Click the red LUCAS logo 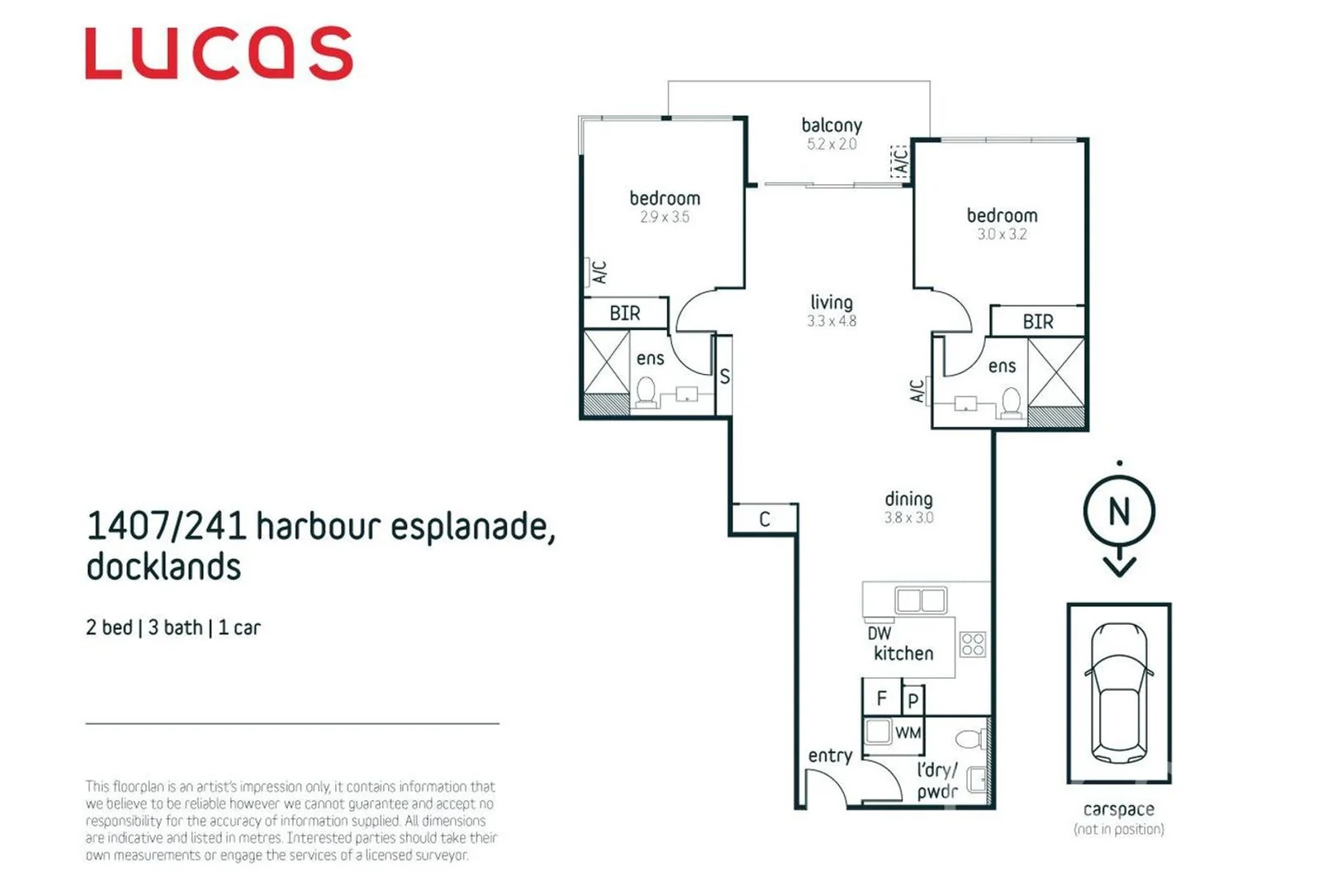(x=219, y=54)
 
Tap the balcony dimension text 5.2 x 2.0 (x=831, y=144)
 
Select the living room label (x=831, y=302)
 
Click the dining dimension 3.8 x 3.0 (x=908, y=517)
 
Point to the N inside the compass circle (x=1119, y=512)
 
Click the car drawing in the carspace (x=1119, y=693)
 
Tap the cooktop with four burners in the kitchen (x=973, y=645)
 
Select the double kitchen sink (x=920, y=601)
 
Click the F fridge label (x=881, y=698)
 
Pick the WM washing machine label (x=907, y=733)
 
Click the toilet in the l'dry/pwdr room (x=970, y=739)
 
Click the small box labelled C (x=764, y=519)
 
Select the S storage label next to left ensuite (x=724, y=376)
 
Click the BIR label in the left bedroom (x=625, y=314)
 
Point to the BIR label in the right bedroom (x=1037, y=322)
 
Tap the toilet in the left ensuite (x=646, y=392)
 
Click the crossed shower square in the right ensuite (x=1056, y=372)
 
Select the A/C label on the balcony (x=899, y=162)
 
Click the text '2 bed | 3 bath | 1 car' (x=173, y=627)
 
